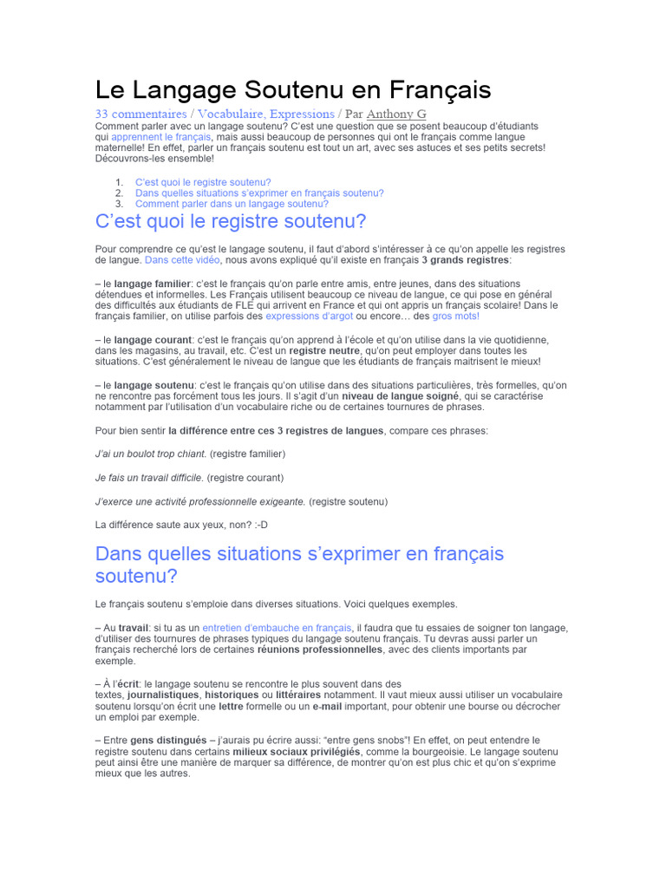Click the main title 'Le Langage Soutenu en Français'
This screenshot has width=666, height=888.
click(x=293, y=89)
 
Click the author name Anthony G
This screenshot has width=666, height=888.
click(x=396, y=114)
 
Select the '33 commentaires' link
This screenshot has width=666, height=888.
click(x=140, y=114)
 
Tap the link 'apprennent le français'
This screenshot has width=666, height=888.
click(x=149, y=137)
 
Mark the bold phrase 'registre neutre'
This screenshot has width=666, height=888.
click(x=325, y=349)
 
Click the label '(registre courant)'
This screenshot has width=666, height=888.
click(x=245, y=478)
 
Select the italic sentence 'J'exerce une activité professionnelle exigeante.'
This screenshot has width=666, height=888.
click(x=200, y=501)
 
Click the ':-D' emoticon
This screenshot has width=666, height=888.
click(x=269, y=525)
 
